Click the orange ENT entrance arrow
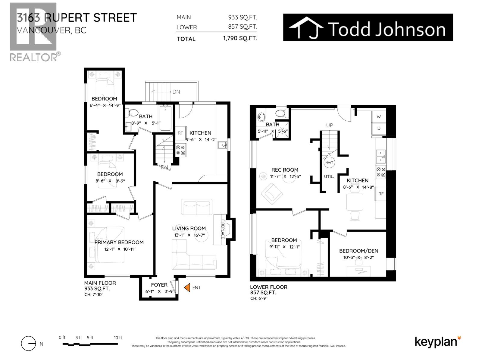coord(187,287)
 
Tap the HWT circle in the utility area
coord(329,163)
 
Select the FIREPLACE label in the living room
coord(223,229)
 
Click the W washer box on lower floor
coord(379,117)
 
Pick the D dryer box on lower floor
coord(379,128)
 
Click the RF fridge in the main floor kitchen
coord(180,133)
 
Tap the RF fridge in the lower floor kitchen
coord(381,194)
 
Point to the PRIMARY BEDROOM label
coord(119,242)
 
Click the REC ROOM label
coord(285,170)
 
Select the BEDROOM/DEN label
coord(358,251)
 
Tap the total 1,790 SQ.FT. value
coord(240,38)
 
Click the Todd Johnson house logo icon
coord(306,28)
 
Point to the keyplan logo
coord(437,342)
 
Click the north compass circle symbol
coord(29,344)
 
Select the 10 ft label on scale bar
coord(118,338)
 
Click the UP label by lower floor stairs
coord(330,125)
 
